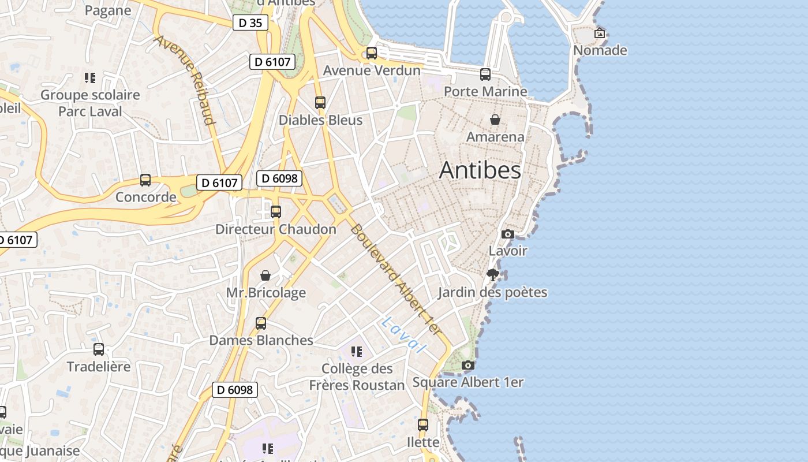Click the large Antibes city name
pyautogui.click(x=480, y=170)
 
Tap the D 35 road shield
pyautogui.click(x=250, y=23)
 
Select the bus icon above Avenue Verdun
pyautogui.click(x=372, y=53)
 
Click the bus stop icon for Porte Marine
pyautogui.click(x=485, y=74)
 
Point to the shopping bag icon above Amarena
pyautogui.click(x=495, y=120)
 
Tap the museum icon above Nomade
pyautogui.click(x=600, y=33)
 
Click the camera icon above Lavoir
pyautogui.click(x=508, y=234)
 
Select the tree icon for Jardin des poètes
pyautogui.click(x=492, y=274)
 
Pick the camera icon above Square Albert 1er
pyautogui.click(x=468, y=365)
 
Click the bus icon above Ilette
pyautogui.click(x=423, y=425)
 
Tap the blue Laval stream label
pyautogui.click(x=403, y=335)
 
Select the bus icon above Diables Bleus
pyautogui.click(x=320, y=103)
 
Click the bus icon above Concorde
pyautogui.click(x=145, y=180)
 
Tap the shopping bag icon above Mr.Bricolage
pyautogui.click(x=265, y=275)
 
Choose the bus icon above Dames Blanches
pyautogui.click(x=261, y=323)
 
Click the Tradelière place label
pyautogui.click(x=99, y=367)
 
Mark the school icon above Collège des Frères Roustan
pyautogui.click(x=357, y=351)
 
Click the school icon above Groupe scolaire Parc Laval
pyautogui.click(x=89, y=77)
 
